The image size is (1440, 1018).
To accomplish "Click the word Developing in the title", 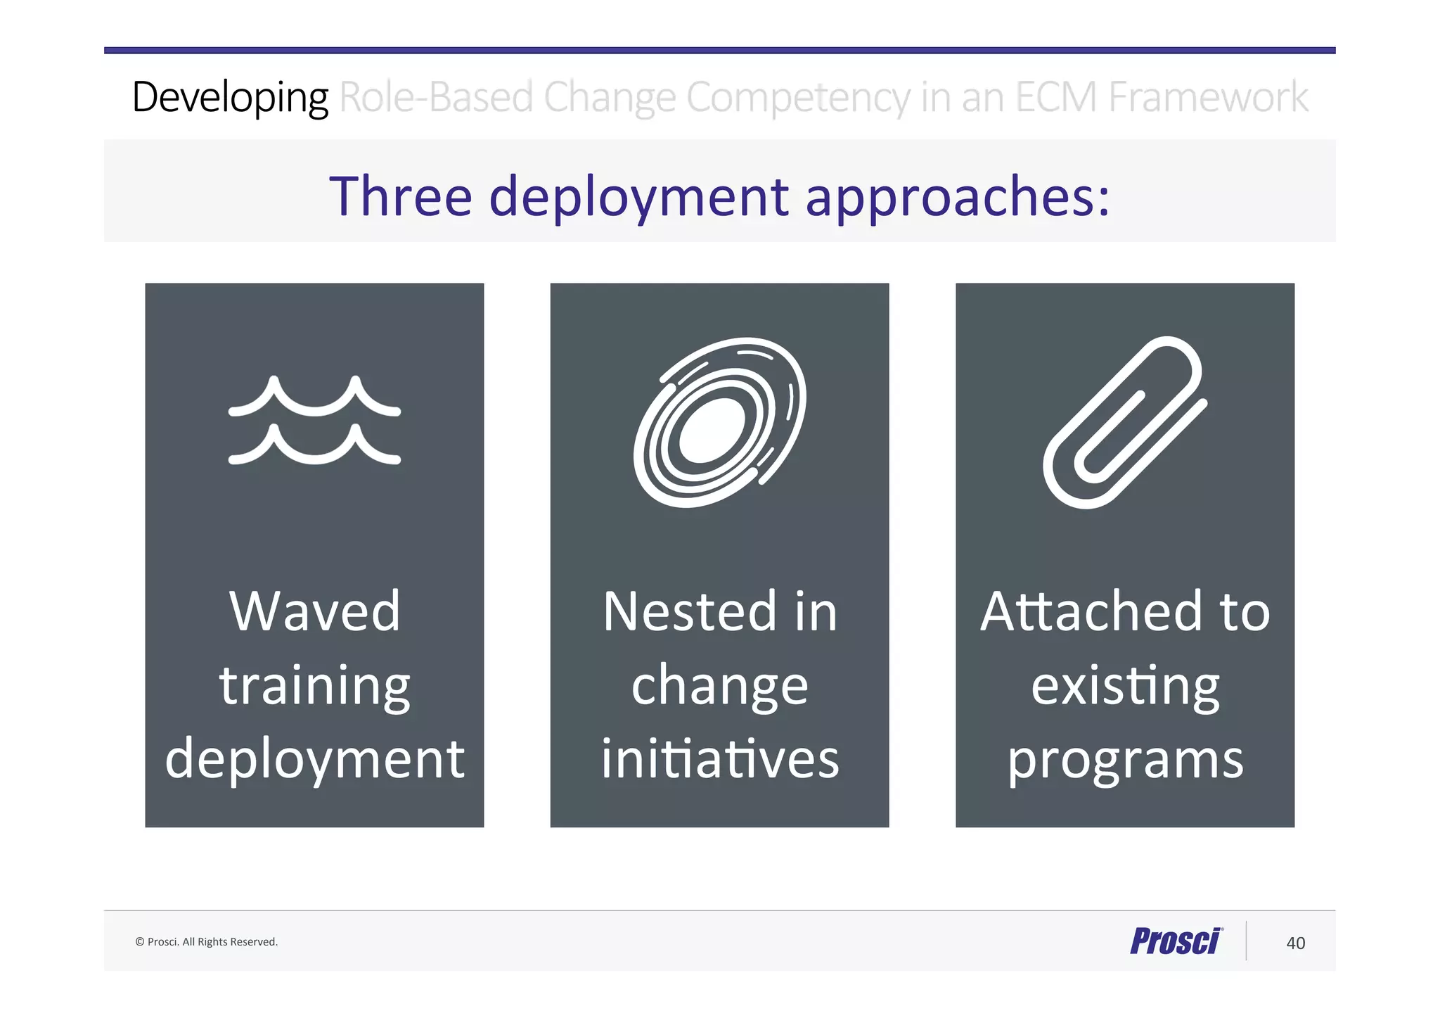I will (230, 97).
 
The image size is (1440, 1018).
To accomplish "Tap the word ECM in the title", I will (1055, 97).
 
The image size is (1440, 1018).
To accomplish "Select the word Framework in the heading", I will (1208, 97).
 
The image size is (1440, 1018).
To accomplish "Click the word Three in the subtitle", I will (400, 196).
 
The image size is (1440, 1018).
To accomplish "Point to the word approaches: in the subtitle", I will (957, 198).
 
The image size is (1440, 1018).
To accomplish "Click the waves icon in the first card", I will (314, 421).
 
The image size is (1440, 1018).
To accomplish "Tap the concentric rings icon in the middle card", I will (719, 422).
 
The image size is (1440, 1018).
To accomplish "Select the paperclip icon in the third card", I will (1124, 422).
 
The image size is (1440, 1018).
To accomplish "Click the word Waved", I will (314, 611).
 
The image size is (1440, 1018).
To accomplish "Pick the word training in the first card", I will (314, 687).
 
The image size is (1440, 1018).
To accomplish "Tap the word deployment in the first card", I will (314, 760).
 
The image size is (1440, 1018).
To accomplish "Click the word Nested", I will (690, 611).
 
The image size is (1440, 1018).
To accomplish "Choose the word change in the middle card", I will (719, 687).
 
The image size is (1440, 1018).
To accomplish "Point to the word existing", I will (1125, 687).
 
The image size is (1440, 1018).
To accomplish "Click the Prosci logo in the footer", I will (1176, 941).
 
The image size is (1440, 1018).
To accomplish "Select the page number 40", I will (1295, 943).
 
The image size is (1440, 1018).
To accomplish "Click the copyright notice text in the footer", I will (206, 942).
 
